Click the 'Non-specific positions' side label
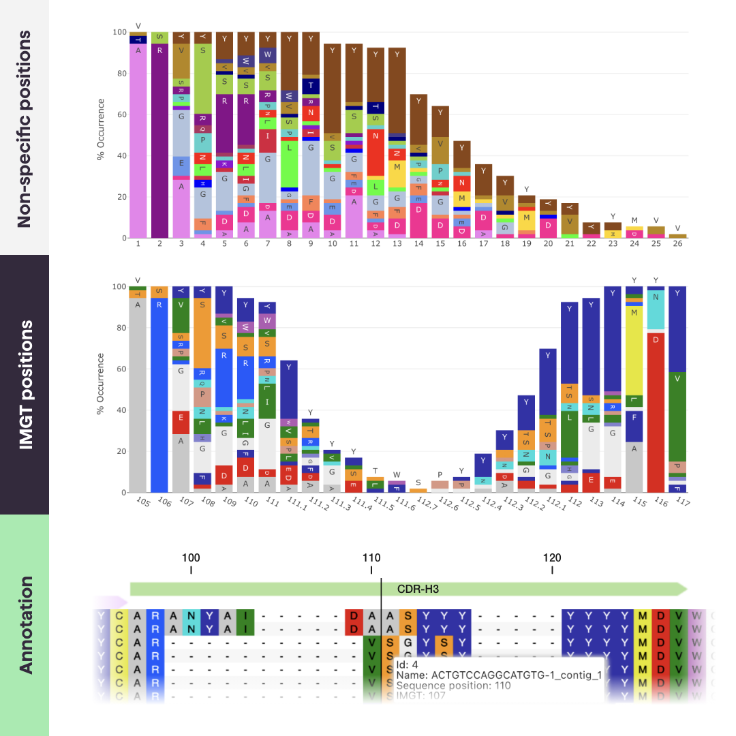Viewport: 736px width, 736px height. [25, 128]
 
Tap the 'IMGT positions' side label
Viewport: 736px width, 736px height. [25, 384]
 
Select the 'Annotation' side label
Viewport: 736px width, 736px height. [25, 625]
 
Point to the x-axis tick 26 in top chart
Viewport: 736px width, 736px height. [677, 243]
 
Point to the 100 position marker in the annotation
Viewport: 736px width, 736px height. [191, 557]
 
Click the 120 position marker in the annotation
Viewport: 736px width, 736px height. [552, 557]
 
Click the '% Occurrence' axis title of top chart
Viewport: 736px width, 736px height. [101, 129]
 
